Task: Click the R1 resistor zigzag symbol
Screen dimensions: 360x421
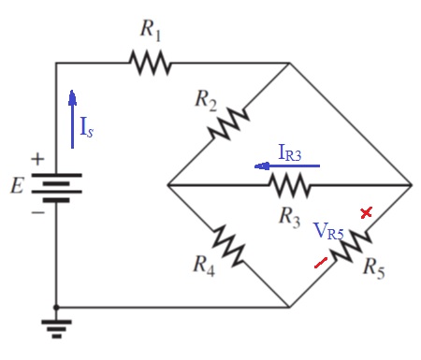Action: point(151,64)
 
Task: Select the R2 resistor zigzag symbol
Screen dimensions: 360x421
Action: point(227,122)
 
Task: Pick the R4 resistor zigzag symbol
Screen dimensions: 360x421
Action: point(227,245)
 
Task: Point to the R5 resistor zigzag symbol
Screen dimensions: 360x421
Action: point(348,246)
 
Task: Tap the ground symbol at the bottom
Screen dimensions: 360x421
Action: point(56,328)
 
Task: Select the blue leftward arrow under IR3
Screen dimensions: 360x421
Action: point(286,166)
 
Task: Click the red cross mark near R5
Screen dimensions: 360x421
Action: point(367,213)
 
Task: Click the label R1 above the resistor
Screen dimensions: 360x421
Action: point(151,30)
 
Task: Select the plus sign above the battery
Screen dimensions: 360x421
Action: point(37,160)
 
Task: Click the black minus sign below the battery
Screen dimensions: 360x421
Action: point(37,212)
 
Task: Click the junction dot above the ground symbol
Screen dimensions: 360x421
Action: point(56,307)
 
